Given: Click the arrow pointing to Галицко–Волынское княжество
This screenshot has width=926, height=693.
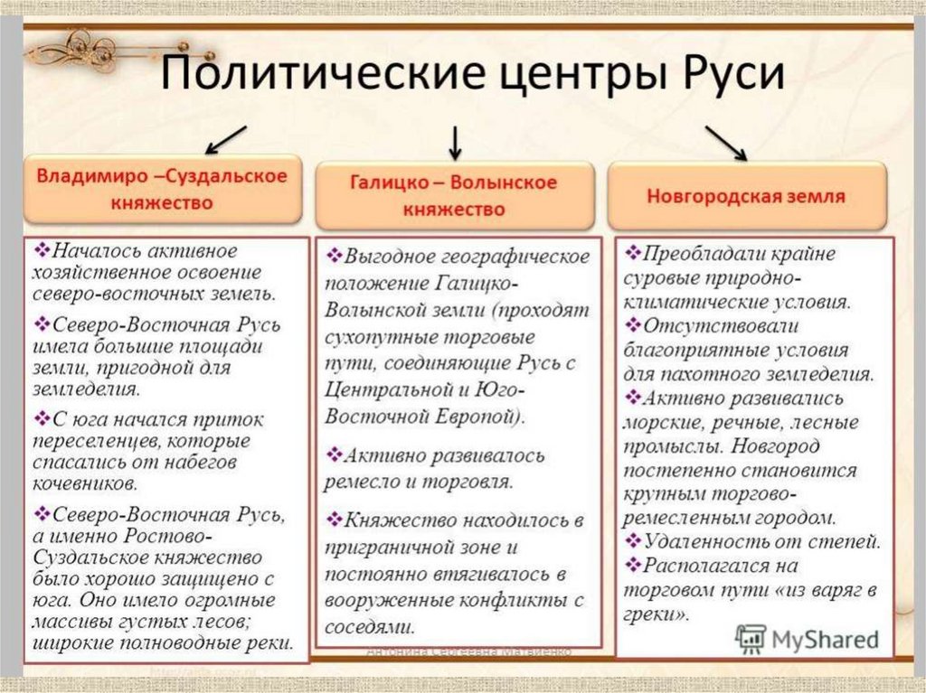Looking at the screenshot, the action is tap(454, 140).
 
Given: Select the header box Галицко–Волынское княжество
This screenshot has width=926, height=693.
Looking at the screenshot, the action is tap(454, 195).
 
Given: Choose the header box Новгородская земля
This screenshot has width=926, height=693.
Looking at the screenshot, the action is tap(746, 195).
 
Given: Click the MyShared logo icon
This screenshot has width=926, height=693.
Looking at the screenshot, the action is tap(751, 638).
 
